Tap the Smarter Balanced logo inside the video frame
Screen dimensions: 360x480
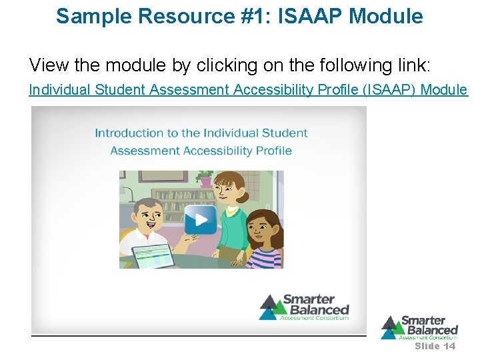[x=304, y=307]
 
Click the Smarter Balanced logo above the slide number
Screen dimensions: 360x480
[x=419, y=327]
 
